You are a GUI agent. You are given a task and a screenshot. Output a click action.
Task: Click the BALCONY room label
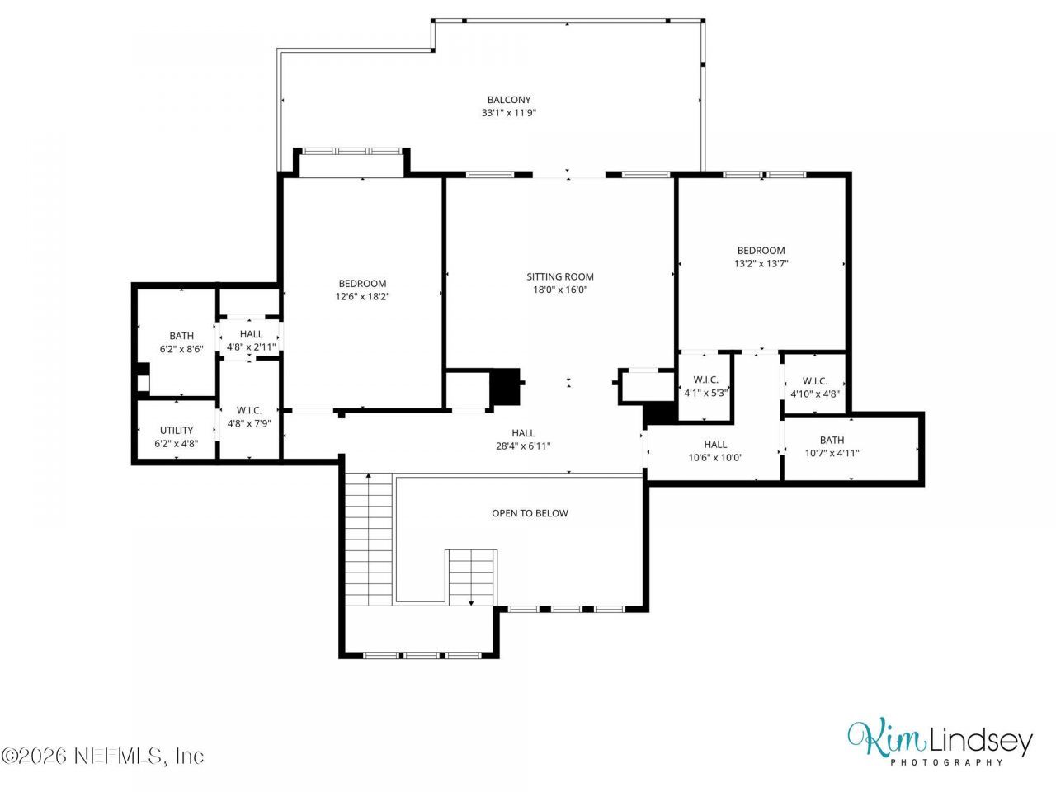tap(508, 100)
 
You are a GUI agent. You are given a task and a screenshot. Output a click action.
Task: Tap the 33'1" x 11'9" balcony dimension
tap(508, 113)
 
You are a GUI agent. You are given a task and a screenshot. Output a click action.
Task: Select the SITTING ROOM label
tap(559, 276)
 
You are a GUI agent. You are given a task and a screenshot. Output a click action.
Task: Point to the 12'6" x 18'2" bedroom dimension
tap(362, 297)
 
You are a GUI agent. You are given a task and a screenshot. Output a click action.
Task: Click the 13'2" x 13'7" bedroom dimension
tap(761, 263)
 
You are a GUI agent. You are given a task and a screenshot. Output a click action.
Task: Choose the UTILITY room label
tap(176, 431)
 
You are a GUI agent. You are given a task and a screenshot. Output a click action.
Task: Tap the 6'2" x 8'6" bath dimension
tap(181, 349)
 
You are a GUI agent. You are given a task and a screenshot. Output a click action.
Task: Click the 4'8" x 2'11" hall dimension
tap(251, 346)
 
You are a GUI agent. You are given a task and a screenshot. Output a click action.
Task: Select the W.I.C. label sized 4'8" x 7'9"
tap(248, 410)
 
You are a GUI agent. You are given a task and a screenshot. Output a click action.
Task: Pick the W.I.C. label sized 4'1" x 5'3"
tap(705, 379)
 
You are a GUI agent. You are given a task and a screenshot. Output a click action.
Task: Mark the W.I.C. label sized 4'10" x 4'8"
tap(815, 381)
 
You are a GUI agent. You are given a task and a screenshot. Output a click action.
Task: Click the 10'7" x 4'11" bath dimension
tap(832, 453)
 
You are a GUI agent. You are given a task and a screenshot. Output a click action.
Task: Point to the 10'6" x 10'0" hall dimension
tap(715, 458)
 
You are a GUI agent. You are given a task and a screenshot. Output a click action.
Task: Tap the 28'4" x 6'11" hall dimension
tap(523, 445)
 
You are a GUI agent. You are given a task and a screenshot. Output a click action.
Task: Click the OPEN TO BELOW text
tap(530, 513)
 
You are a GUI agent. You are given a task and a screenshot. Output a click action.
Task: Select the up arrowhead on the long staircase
tap(369, 475)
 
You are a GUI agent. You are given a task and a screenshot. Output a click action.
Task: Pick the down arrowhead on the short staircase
tap(471, 603)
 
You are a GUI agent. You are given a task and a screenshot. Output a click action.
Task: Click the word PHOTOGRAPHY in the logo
tap(946, 761)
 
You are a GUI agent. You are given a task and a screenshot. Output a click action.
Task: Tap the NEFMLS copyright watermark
tap(102, 756)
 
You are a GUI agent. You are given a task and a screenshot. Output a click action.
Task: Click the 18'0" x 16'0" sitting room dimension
tap(560, 290)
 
